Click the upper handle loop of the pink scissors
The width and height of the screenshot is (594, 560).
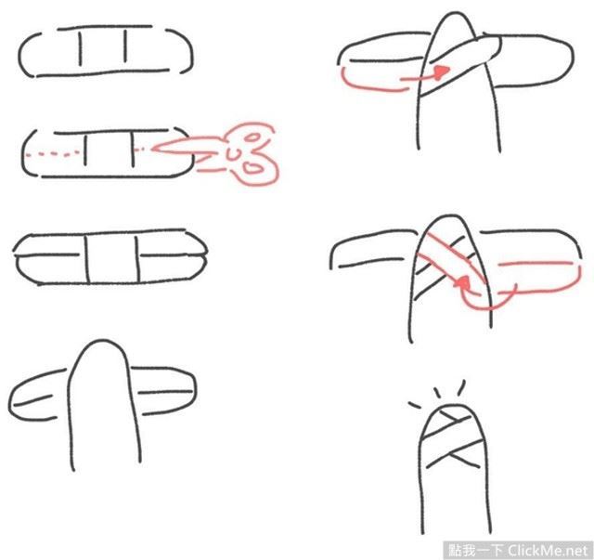point(252,137)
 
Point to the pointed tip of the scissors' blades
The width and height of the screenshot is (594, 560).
point(152,149)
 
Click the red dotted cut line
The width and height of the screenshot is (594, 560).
point(53,154)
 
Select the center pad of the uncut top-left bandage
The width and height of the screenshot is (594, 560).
point(103,48)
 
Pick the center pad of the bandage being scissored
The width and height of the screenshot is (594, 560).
point(110,149)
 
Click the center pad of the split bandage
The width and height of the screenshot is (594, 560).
point(112,259)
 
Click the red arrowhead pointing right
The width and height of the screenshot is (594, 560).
point(442,72)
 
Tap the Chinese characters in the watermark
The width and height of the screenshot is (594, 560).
point(476,551)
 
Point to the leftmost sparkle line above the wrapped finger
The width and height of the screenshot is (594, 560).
point(415,405)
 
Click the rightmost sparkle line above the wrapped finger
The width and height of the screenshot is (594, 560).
point(461,387)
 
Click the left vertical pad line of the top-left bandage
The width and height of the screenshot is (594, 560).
point(80,47)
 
